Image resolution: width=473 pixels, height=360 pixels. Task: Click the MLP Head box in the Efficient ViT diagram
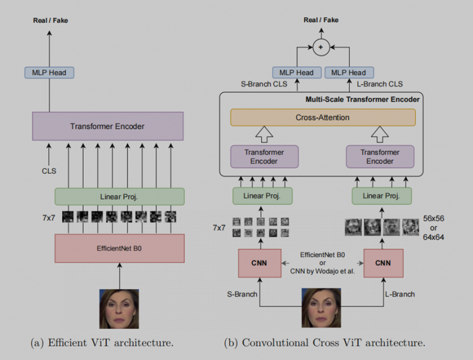(x=49, y=72)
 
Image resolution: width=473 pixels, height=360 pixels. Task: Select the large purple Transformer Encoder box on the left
(x=108, y=126)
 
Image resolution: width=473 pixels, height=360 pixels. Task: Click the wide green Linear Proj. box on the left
(x=119, y=197)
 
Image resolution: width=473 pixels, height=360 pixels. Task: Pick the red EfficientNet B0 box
(x=119, y=247)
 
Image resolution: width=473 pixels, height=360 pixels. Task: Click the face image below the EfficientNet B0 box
(x=119, y=308)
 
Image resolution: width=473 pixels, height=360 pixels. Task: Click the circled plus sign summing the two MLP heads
(x=320, y=47)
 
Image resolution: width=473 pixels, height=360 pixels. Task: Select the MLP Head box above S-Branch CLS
(x=297, y=72)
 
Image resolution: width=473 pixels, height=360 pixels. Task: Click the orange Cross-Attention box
(x=323, y=117)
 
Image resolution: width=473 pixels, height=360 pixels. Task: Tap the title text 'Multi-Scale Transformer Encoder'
(x=363, y=99)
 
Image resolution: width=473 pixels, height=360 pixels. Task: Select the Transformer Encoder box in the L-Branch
(x=379, y=157)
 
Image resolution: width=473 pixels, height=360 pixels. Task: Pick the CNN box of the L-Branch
(x=383, y=263)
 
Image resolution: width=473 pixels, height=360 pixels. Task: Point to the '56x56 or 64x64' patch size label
(x=434, y=227)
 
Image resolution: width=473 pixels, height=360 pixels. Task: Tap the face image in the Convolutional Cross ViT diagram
(x=321, y=308)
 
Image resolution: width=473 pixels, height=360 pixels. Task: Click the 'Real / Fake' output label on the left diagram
(x=51, y=20)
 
